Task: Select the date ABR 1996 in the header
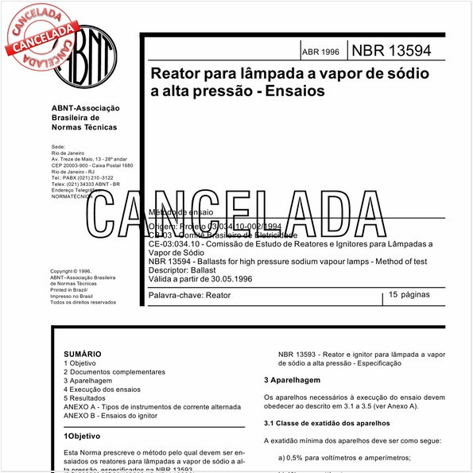point(320,52)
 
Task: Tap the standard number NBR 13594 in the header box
point(391,50)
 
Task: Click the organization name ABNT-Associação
point(85,108)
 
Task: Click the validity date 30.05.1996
point(226,278)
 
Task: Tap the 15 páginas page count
point(409,295)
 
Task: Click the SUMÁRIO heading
point(82,354)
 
